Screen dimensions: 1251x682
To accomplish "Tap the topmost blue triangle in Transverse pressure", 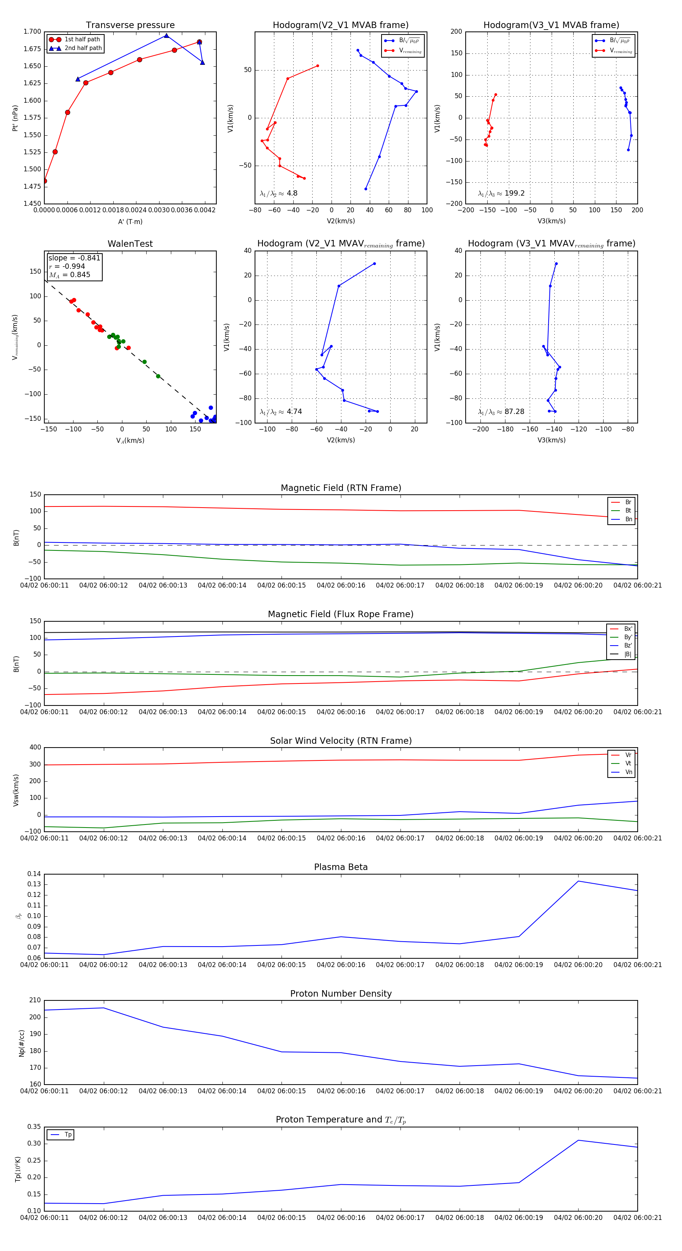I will tap(166, 36).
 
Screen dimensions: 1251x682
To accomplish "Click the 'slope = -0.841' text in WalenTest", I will tap(74, 258).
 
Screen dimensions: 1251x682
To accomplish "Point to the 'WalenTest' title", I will tap(130, 244).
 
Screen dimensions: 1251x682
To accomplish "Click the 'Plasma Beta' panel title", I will tap(341, 867).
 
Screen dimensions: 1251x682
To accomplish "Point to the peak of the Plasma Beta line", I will tap(578, 881).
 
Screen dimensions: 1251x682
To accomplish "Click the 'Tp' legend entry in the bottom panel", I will tap(68, 1135).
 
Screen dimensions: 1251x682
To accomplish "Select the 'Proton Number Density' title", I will tap(341, 993).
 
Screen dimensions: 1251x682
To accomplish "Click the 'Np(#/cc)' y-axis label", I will tap(21, 1043).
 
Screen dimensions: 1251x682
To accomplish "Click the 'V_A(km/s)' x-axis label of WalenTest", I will tap(130, 441).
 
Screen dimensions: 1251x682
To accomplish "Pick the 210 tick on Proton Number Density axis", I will tap(35, 1000).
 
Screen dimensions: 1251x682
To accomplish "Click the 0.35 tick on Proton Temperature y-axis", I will tap(34, 1127).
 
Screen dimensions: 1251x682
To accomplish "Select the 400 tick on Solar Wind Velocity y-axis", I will tap(35, 748).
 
